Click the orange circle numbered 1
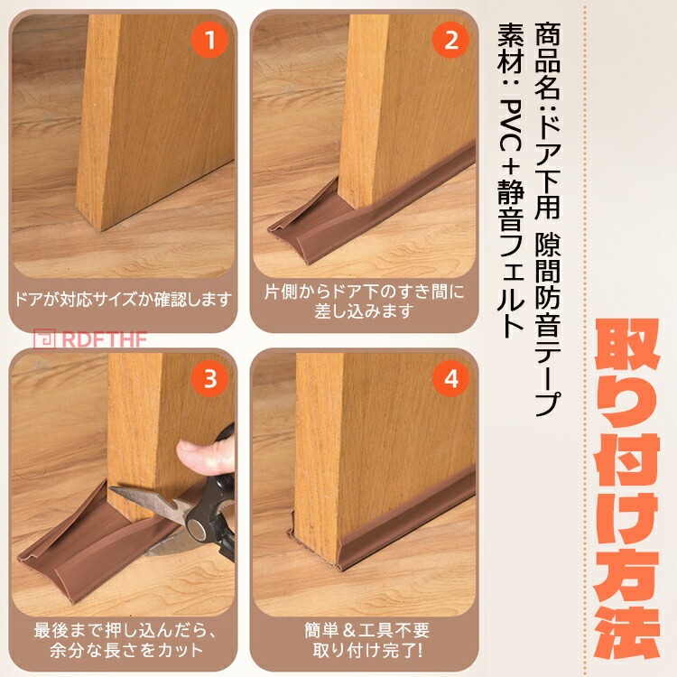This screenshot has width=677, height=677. (209, 41)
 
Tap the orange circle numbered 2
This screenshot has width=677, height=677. (450, 41)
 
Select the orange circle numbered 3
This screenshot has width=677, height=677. (209, 379)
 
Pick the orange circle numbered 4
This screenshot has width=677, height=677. (450, 379)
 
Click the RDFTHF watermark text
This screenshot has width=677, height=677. (105, 339)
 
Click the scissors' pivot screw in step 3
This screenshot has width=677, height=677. (198, 528)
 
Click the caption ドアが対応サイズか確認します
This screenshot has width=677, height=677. (123, 300)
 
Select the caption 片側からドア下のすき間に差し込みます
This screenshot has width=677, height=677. (364, 301)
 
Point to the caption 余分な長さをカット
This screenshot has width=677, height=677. (126, 650)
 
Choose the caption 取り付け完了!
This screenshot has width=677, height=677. (367, 650)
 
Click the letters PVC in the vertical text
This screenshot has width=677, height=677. (510, 133)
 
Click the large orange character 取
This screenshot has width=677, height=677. (627, 350)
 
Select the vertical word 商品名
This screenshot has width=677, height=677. (548, 61)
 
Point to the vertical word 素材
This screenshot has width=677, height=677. (511, 49)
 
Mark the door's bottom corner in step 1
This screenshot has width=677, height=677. (101, 229)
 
